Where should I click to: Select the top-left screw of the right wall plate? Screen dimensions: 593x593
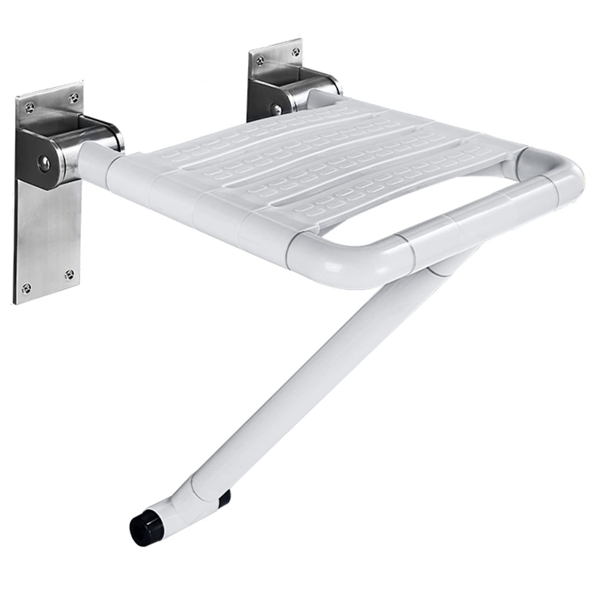coord(261,58)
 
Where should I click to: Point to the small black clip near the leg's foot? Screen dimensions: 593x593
coord(224,497)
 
